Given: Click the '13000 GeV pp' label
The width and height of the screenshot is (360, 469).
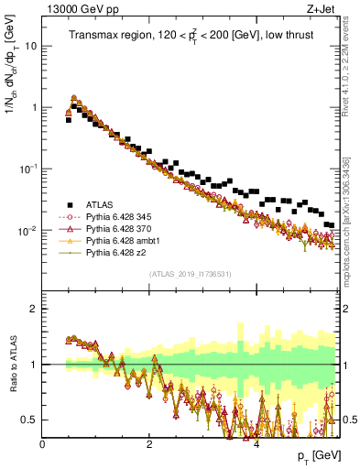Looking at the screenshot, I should click(78, 10).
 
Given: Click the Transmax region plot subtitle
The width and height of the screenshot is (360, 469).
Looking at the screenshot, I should click(188, 36).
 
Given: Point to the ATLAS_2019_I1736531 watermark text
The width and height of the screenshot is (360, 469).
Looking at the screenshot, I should click(191, 274).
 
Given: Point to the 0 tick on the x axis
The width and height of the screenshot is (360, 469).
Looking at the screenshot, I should click(43, 444).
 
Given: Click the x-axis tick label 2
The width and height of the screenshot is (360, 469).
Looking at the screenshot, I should click(149, 444).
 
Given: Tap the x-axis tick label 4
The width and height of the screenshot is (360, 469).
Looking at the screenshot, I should click(256, 444).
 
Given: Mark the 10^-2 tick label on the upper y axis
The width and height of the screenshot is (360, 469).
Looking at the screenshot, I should click(27, 230).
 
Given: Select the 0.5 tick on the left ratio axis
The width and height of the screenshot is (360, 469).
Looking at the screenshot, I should click(29, 420).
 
